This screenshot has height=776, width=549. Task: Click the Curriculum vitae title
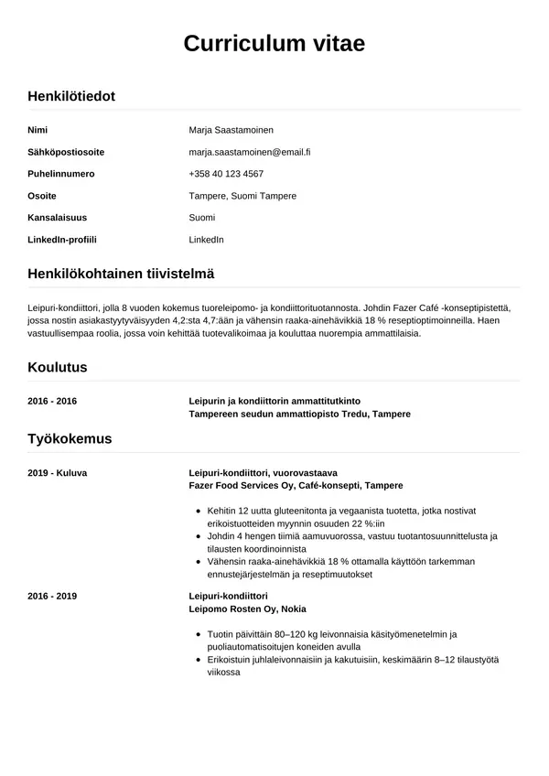point(274,44)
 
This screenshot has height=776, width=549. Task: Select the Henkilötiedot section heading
point(71,96)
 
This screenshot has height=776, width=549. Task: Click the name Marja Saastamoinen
point(231,130)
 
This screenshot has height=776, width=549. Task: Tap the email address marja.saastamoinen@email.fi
point(250,152)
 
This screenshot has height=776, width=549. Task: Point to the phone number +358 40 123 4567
point(226,174)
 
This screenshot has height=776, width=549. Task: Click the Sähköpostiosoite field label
point(66,152)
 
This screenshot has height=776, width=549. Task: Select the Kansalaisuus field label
point(59,218)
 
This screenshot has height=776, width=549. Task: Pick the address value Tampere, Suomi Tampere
point(242,196)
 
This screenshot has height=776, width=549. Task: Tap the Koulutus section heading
point(58,368)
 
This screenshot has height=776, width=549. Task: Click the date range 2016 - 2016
point(52,401)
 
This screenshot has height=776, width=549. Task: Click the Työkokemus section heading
point(70,439)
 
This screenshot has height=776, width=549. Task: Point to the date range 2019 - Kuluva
point(57,472)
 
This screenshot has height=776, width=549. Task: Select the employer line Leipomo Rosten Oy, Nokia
point(247,609)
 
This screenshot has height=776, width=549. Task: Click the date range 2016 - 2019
point(52,596)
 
